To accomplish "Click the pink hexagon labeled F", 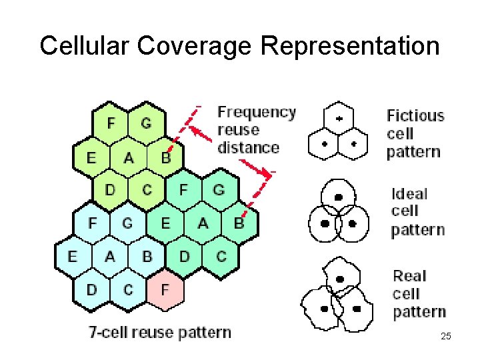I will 165,290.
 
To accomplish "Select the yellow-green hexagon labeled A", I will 129,157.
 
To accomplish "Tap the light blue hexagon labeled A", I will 110,257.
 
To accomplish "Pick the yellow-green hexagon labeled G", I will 147,124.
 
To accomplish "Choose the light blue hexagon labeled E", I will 73,257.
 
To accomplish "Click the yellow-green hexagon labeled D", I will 110,190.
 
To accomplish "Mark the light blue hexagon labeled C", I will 129,290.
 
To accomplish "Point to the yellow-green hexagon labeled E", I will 91,157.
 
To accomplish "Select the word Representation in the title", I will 351,45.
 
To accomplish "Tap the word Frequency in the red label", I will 257,112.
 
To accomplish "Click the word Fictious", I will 415,115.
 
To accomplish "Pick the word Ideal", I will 409,194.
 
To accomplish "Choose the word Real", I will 409,276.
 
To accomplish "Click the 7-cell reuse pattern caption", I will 160,333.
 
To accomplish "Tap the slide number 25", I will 446,336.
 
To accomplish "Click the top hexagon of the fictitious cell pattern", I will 338,119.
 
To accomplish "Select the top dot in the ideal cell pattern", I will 338,197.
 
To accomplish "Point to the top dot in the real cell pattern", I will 341,280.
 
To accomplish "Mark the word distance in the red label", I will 248,147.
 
